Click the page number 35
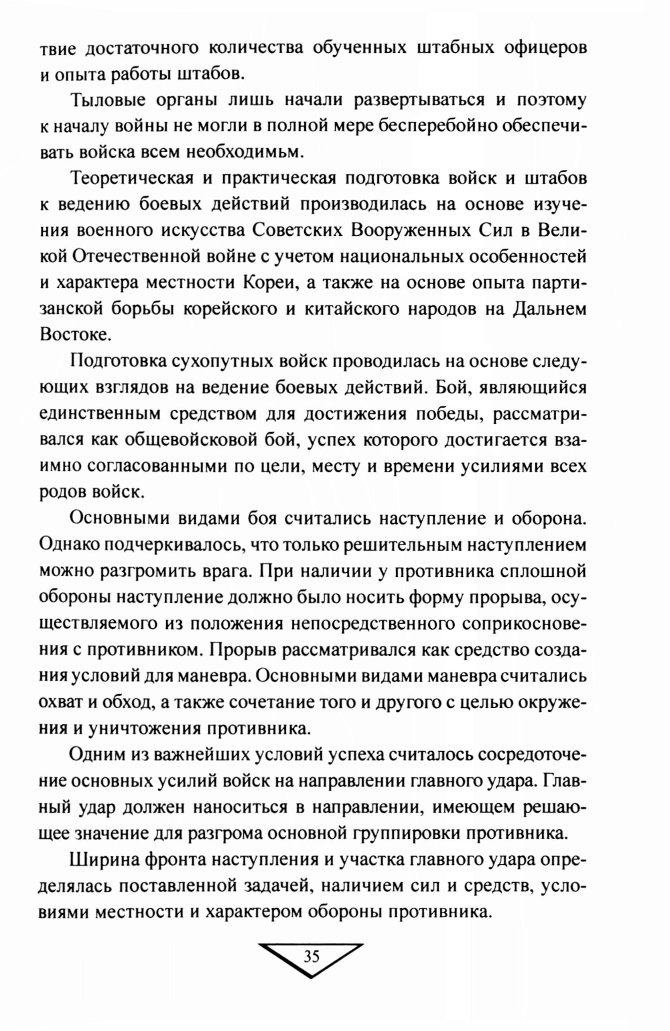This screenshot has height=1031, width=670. (312, 956)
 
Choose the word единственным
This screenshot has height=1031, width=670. (103, 413)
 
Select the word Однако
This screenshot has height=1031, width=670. (73, 544)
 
